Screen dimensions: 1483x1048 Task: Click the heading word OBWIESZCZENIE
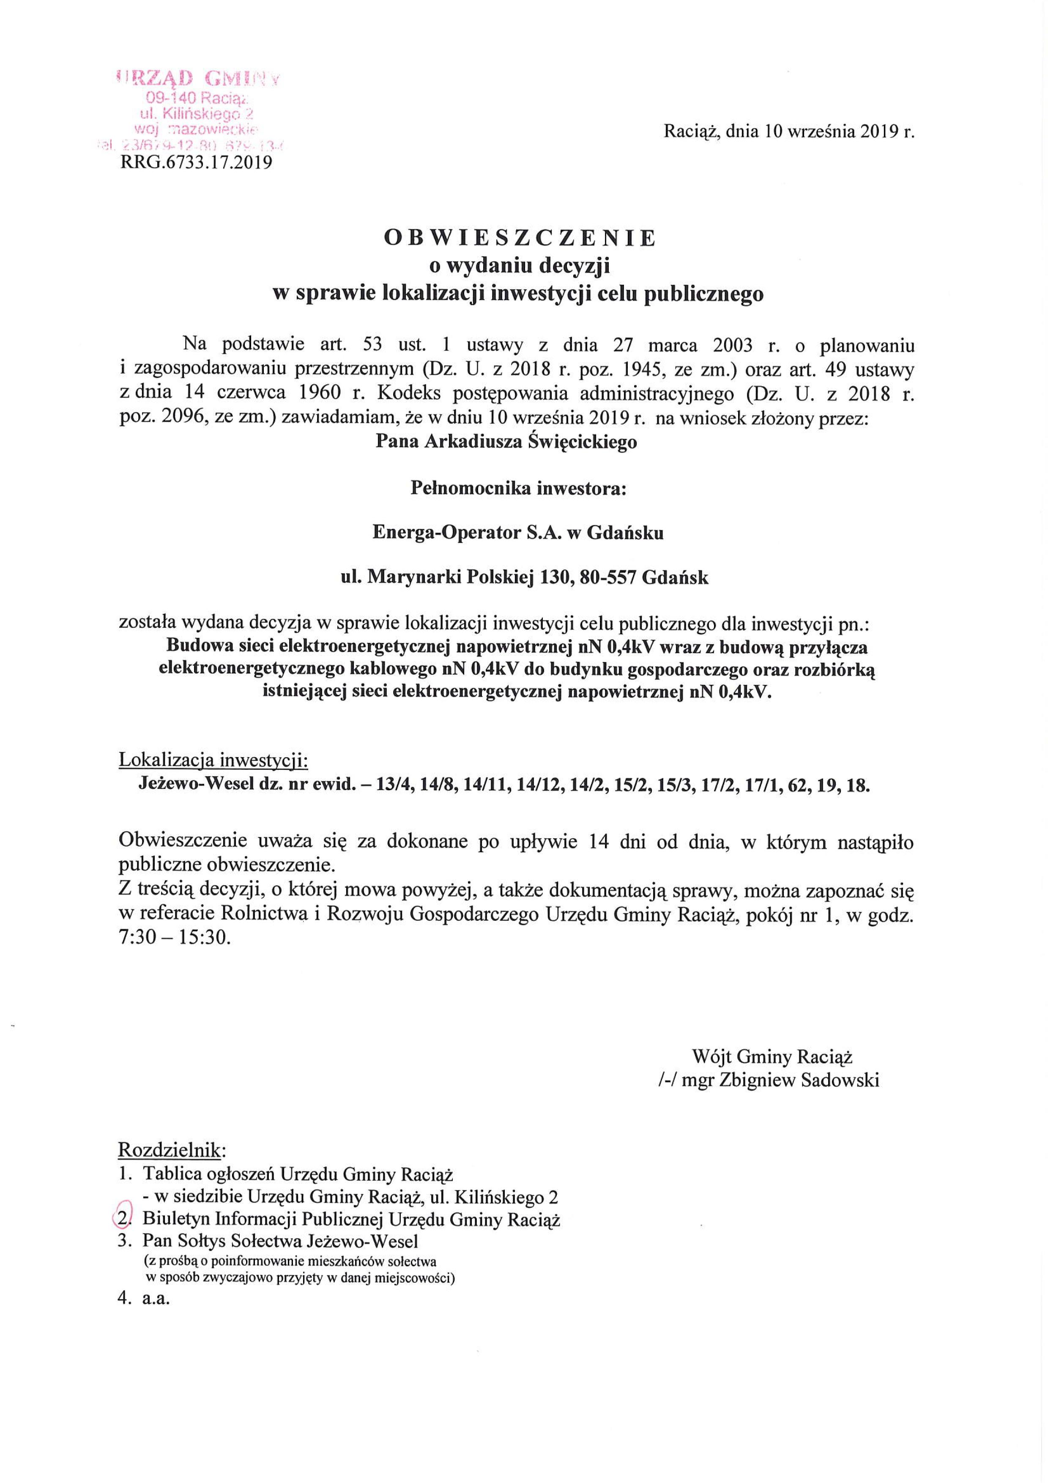[520, 238]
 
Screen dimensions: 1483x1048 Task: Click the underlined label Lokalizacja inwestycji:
[214, 761]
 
